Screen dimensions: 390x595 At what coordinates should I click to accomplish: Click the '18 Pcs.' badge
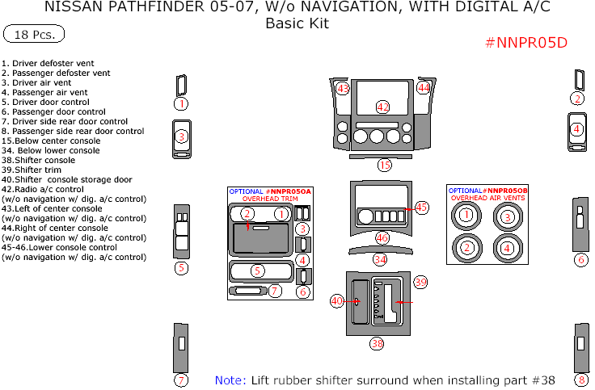(35, 34)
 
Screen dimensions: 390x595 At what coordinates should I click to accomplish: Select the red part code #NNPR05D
(526, 43)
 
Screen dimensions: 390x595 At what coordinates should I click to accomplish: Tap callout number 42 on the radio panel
(383, 107)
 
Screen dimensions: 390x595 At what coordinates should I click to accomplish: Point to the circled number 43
(342, 88)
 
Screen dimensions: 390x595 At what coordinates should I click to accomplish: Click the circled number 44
(424, 88)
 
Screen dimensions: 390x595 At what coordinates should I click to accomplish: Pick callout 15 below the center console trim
(384, 165)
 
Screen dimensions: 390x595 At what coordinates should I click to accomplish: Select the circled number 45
(421, 208)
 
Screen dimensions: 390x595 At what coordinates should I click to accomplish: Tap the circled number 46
(382, 238)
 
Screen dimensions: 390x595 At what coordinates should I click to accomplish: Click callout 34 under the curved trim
(380, 259)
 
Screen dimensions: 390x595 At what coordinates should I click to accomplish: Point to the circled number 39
(420, 282)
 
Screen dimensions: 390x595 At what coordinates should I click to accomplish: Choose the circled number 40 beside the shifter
(337, 301)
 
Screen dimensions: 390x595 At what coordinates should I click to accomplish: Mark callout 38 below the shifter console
(377, 344)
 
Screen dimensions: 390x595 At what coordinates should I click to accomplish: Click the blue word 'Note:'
(230, 380)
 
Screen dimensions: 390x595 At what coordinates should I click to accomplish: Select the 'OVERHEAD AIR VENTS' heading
(487, 198)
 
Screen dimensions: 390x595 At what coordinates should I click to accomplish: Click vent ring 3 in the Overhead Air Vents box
(507, 216)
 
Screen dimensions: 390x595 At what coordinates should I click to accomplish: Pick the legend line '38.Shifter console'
(38, 161)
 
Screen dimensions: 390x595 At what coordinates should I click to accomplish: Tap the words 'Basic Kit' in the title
(297, 23)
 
